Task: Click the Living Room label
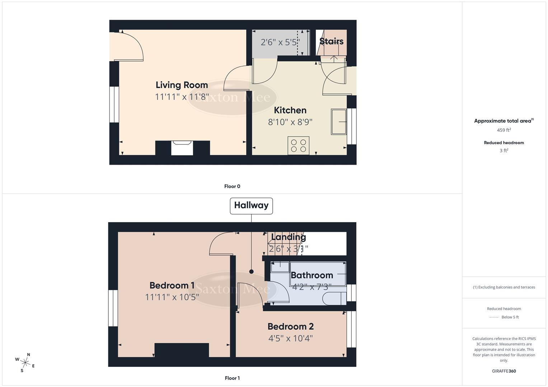click(x=182, y=85)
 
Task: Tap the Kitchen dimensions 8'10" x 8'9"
click(x=290, y=122)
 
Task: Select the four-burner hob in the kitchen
click(x=298, y=145)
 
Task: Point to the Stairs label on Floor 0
click(x=331, y=41)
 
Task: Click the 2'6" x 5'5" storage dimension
click(x=280, y=42)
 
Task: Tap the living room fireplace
click(x=182, y=148)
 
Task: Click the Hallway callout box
click(x=251, y=206)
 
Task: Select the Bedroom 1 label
click(x=172, y=285)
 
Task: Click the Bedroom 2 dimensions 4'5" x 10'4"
click(x=290, y=338)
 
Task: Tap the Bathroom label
click(x=312, y=275)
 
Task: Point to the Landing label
click(x=288, y=237)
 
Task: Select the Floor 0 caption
click(x=232, y=186)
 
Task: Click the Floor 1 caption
click(x=232, y=378)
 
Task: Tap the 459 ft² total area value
click(x=503, y=130)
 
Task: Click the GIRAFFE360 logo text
click(x=503, y=371)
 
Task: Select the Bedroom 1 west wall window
click(x=113, y=308)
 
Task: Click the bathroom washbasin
click(x=280, y=267)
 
